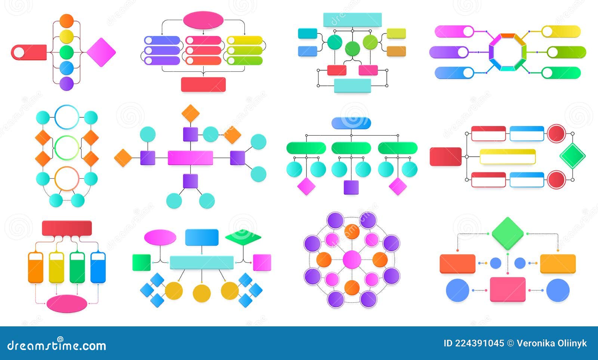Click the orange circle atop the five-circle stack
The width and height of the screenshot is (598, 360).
[67, 21]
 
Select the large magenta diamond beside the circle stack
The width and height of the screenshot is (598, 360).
[101, 52]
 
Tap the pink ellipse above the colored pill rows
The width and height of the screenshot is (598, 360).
[203, 20]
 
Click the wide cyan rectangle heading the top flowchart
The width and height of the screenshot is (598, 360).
[352, 20]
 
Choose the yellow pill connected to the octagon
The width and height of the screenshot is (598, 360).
[561, 31]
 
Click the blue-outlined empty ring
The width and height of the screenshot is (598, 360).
[67, 117]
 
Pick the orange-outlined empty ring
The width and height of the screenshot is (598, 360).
[67, 178]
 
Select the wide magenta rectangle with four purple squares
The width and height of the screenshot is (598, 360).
[190, 158]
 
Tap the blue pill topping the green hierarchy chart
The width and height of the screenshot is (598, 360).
[351, 123]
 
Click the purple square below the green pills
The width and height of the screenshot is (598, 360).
[351, 187]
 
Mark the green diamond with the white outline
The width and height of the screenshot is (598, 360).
[572, 156]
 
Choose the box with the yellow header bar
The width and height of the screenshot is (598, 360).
[508, 157]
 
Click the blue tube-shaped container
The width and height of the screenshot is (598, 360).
[98, 267]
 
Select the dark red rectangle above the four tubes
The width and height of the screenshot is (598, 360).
[67, 228]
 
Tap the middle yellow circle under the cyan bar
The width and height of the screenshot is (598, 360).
[201, 293]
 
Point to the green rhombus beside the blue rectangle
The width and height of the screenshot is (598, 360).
[243, 237]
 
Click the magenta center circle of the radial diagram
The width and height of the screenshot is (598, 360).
[352, 259]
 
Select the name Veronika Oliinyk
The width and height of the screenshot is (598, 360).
[552, 344]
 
